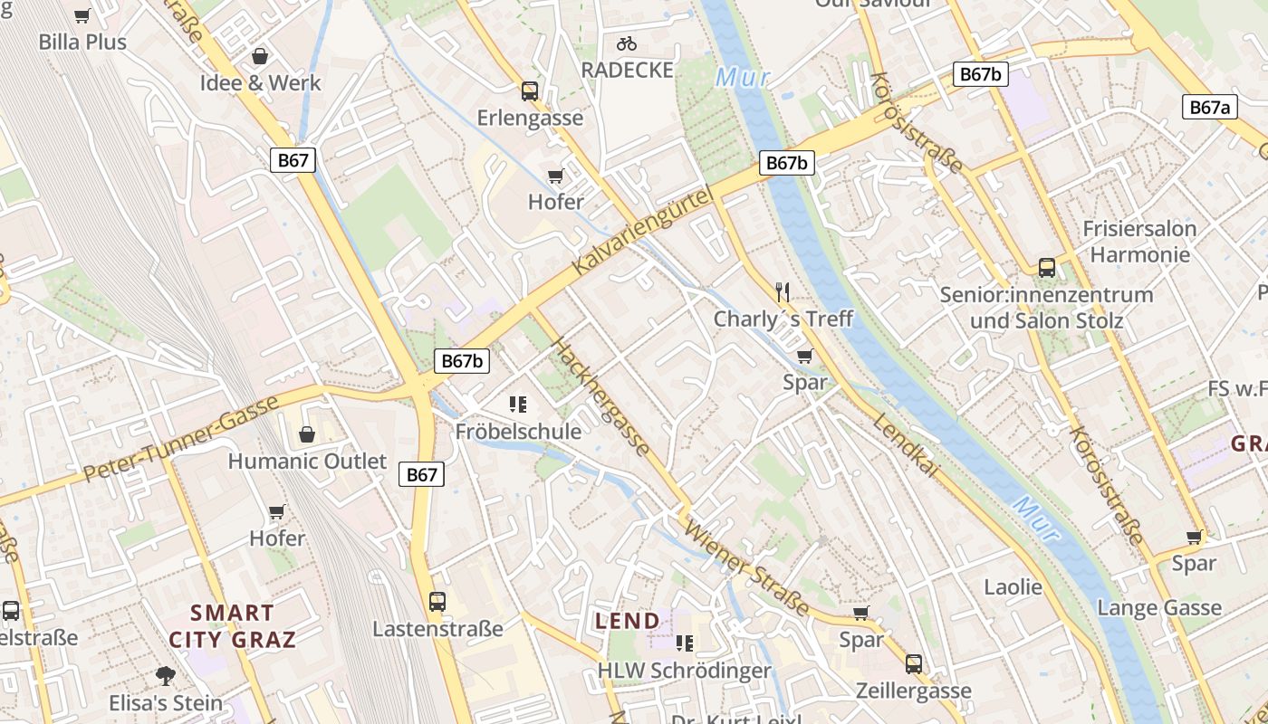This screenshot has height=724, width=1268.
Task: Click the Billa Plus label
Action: coord(82,42)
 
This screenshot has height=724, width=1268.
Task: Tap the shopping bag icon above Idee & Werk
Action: coord(260,56)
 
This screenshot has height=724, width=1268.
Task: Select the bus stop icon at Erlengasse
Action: coord(530,91)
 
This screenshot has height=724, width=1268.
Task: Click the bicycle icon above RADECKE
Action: coord(627,43)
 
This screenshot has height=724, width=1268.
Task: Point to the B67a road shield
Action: coord(1209,108)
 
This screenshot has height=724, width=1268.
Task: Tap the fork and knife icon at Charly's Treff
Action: coord(783,291)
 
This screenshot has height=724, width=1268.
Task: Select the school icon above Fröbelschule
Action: coord(518,405)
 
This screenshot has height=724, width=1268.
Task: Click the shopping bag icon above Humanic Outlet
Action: coord(307,434)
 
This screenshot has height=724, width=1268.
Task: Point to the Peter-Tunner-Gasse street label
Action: coord(182,439)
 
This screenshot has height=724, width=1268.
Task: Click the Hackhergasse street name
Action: coord(600,396)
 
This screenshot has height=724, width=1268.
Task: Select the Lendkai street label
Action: coord(905,444)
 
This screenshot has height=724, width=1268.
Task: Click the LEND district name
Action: coord(628,621)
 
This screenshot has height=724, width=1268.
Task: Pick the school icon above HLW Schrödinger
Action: coord(685,643)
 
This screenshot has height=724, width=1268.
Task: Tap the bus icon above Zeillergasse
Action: coord(913,664)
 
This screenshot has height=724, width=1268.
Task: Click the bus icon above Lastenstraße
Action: coord(437,601)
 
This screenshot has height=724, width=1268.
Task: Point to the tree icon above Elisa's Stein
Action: coord(165,674)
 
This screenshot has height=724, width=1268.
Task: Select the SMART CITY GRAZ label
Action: coord(232,625)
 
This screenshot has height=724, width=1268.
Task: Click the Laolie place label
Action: coord(1013,587)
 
